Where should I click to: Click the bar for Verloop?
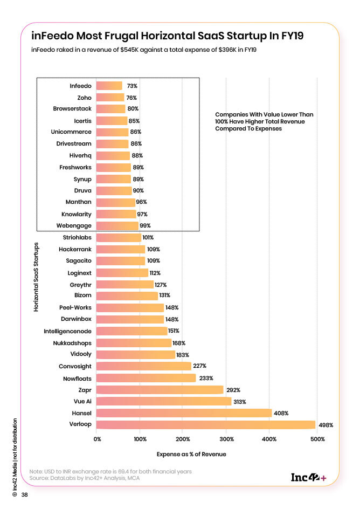[205, 425]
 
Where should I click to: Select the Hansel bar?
[184, 413]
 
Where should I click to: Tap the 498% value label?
[326, 425]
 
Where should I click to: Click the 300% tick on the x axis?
[226, 439]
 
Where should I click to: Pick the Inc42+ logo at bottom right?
[308, 477]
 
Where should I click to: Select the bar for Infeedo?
[109, 86]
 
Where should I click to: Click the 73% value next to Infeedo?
[132, 86]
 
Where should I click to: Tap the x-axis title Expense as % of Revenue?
[191, 454]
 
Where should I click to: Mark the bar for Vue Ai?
[163, 401]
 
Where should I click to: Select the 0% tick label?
[98, 439]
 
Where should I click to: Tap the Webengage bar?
[117, 225]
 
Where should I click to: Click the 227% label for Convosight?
[200, 366]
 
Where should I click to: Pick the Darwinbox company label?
[75, 319]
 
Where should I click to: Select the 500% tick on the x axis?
[317, 439]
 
